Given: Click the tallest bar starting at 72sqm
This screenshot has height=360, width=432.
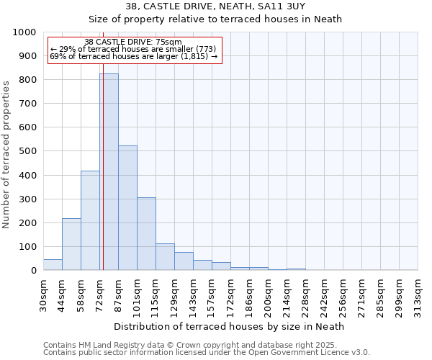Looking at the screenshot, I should coord(109,172).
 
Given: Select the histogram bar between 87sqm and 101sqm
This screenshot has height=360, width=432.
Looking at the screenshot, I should coord(127,208).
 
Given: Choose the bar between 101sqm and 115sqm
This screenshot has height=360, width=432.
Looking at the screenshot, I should coord(146,234).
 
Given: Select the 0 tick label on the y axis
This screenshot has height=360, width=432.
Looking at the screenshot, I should coord(33,271).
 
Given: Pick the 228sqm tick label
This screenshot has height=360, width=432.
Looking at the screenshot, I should coord(305,295).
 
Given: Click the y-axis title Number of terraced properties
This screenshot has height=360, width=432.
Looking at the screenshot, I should coord(7,154).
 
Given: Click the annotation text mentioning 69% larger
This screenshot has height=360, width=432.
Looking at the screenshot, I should coord(133,57).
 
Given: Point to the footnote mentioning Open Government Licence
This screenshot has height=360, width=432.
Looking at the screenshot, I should coord(207,353).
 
